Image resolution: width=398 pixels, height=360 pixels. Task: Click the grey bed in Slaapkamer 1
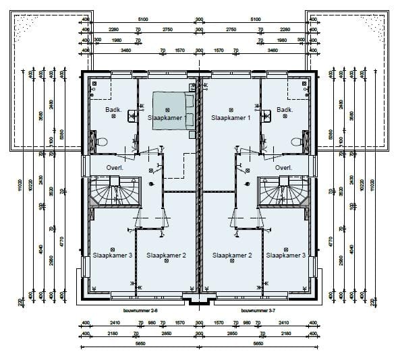coord(171,109)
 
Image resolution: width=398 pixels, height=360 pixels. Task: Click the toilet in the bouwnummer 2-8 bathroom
coord(101,142)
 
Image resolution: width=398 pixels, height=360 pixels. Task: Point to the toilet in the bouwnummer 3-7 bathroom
coord(296,142)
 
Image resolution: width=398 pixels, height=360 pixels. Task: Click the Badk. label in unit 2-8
coord(113,110)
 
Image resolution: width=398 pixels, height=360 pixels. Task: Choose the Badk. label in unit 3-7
coord(285,110)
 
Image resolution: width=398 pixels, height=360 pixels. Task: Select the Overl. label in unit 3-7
coord(283,168)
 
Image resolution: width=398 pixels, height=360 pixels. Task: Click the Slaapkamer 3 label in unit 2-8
coord(112,256)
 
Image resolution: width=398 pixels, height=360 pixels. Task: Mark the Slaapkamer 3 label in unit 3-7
coord(285,256)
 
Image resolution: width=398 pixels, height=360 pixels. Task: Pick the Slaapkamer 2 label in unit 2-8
coord(166,256)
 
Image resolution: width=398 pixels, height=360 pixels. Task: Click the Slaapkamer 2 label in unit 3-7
coord(232,256)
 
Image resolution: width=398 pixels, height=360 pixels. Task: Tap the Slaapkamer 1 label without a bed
coord(231,117)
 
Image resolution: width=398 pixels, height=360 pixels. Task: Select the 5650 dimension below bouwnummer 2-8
coord(140,343)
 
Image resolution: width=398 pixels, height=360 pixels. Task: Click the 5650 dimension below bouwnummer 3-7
coord(258,343)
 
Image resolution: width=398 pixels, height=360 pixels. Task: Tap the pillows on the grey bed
coord(190,109)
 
